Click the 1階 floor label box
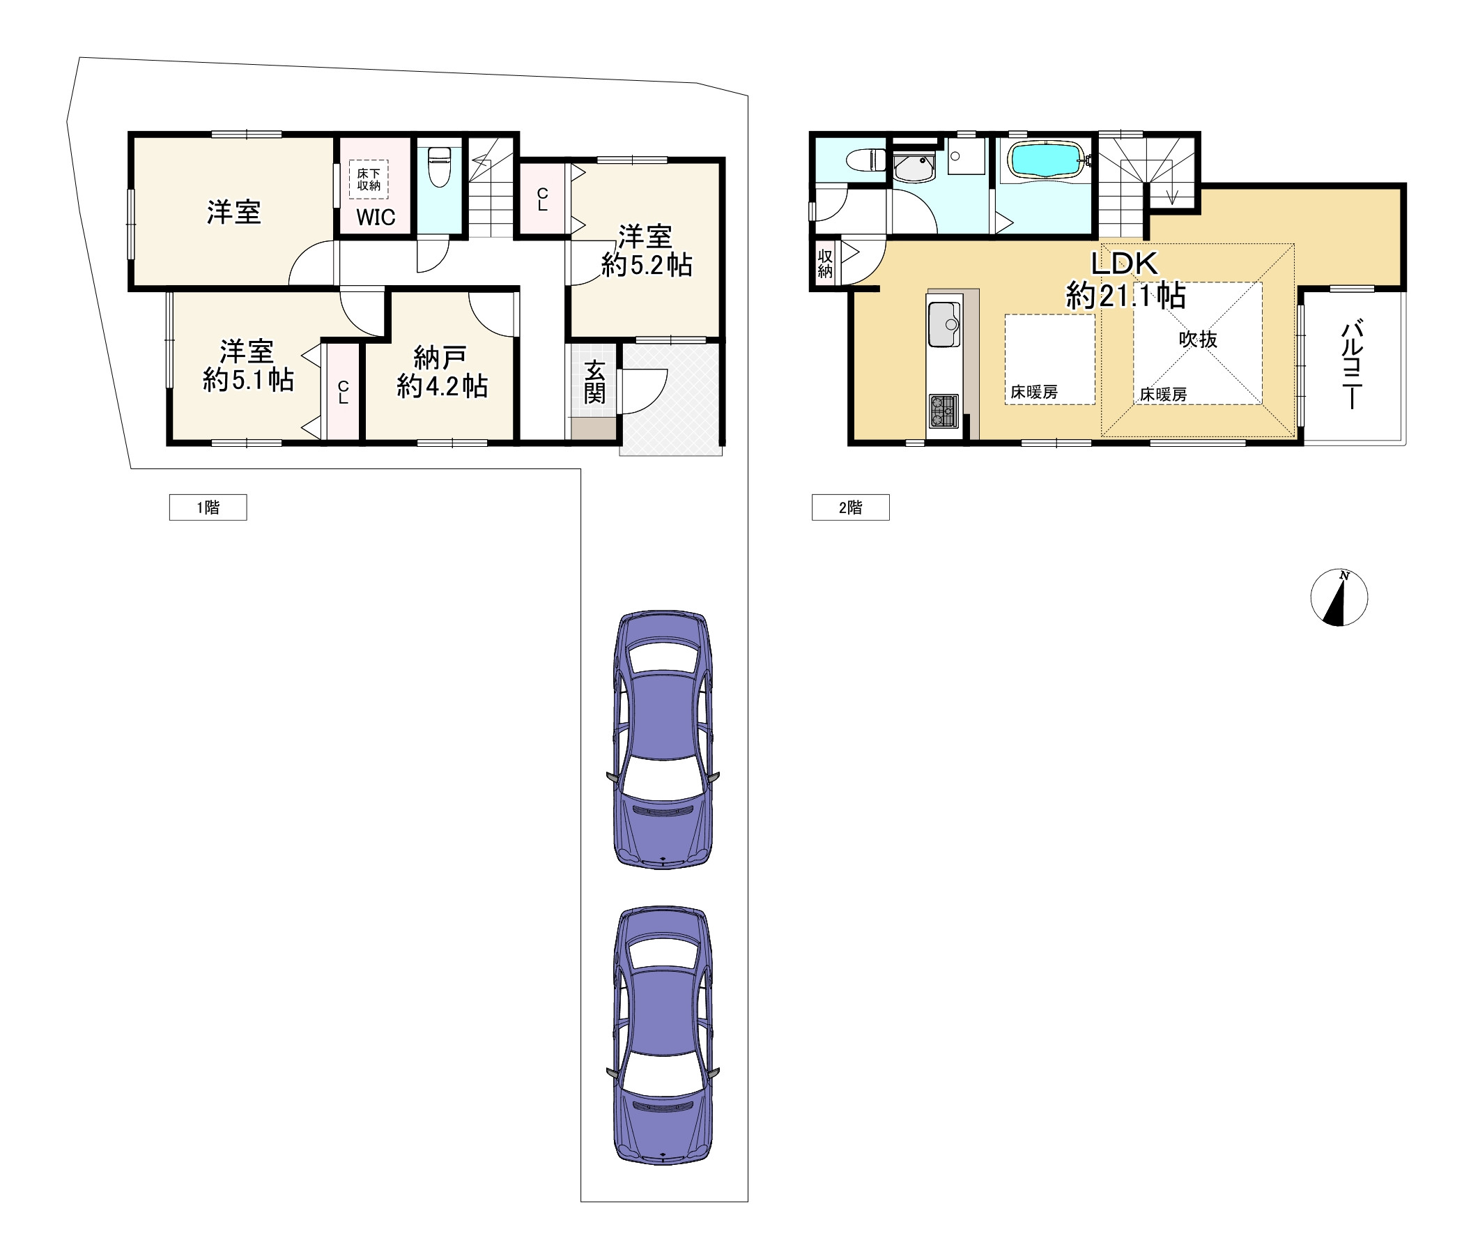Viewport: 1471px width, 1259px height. pyautogui.click(x=208, y=507)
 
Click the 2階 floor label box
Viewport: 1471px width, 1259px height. pyautogui.click(x=851, y=507)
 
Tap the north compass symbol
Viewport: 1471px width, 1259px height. pyautogui.click(x=1339, y=597)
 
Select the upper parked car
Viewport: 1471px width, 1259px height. pyautogui.click(x=663, y=738)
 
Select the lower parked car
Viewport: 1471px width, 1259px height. pyautogui.click(x=663, y=1035)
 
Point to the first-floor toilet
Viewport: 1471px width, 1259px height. pyautogui.click(x=440, y=166)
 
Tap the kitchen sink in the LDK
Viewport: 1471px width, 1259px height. pyautogui.click(x=944, y=325)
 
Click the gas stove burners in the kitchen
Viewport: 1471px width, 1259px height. pyautogui.click(x=944, y=411)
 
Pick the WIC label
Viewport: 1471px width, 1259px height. pyautogui.click(x=376, y=218)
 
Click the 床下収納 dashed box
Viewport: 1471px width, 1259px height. pyautogui.click(x=369, y=180)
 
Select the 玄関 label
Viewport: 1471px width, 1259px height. pyautogui.click(x=594, y=381)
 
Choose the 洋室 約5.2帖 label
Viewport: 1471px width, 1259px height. pyautogui.click(x=646, y=250)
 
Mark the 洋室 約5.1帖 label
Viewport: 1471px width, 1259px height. pyautogui.click(x=248, y=366)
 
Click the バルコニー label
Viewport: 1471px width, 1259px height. pyautogui.click(x=1352, y=365)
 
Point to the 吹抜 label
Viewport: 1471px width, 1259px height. pyautogui.click(x=1198, y=339)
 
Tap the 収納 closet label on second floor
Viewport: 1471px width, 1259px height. pyautogui.click(x=825, y=264)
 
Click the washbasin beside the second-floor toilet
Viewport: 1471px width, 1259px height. pyautogui.click(x=914, y=167)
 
